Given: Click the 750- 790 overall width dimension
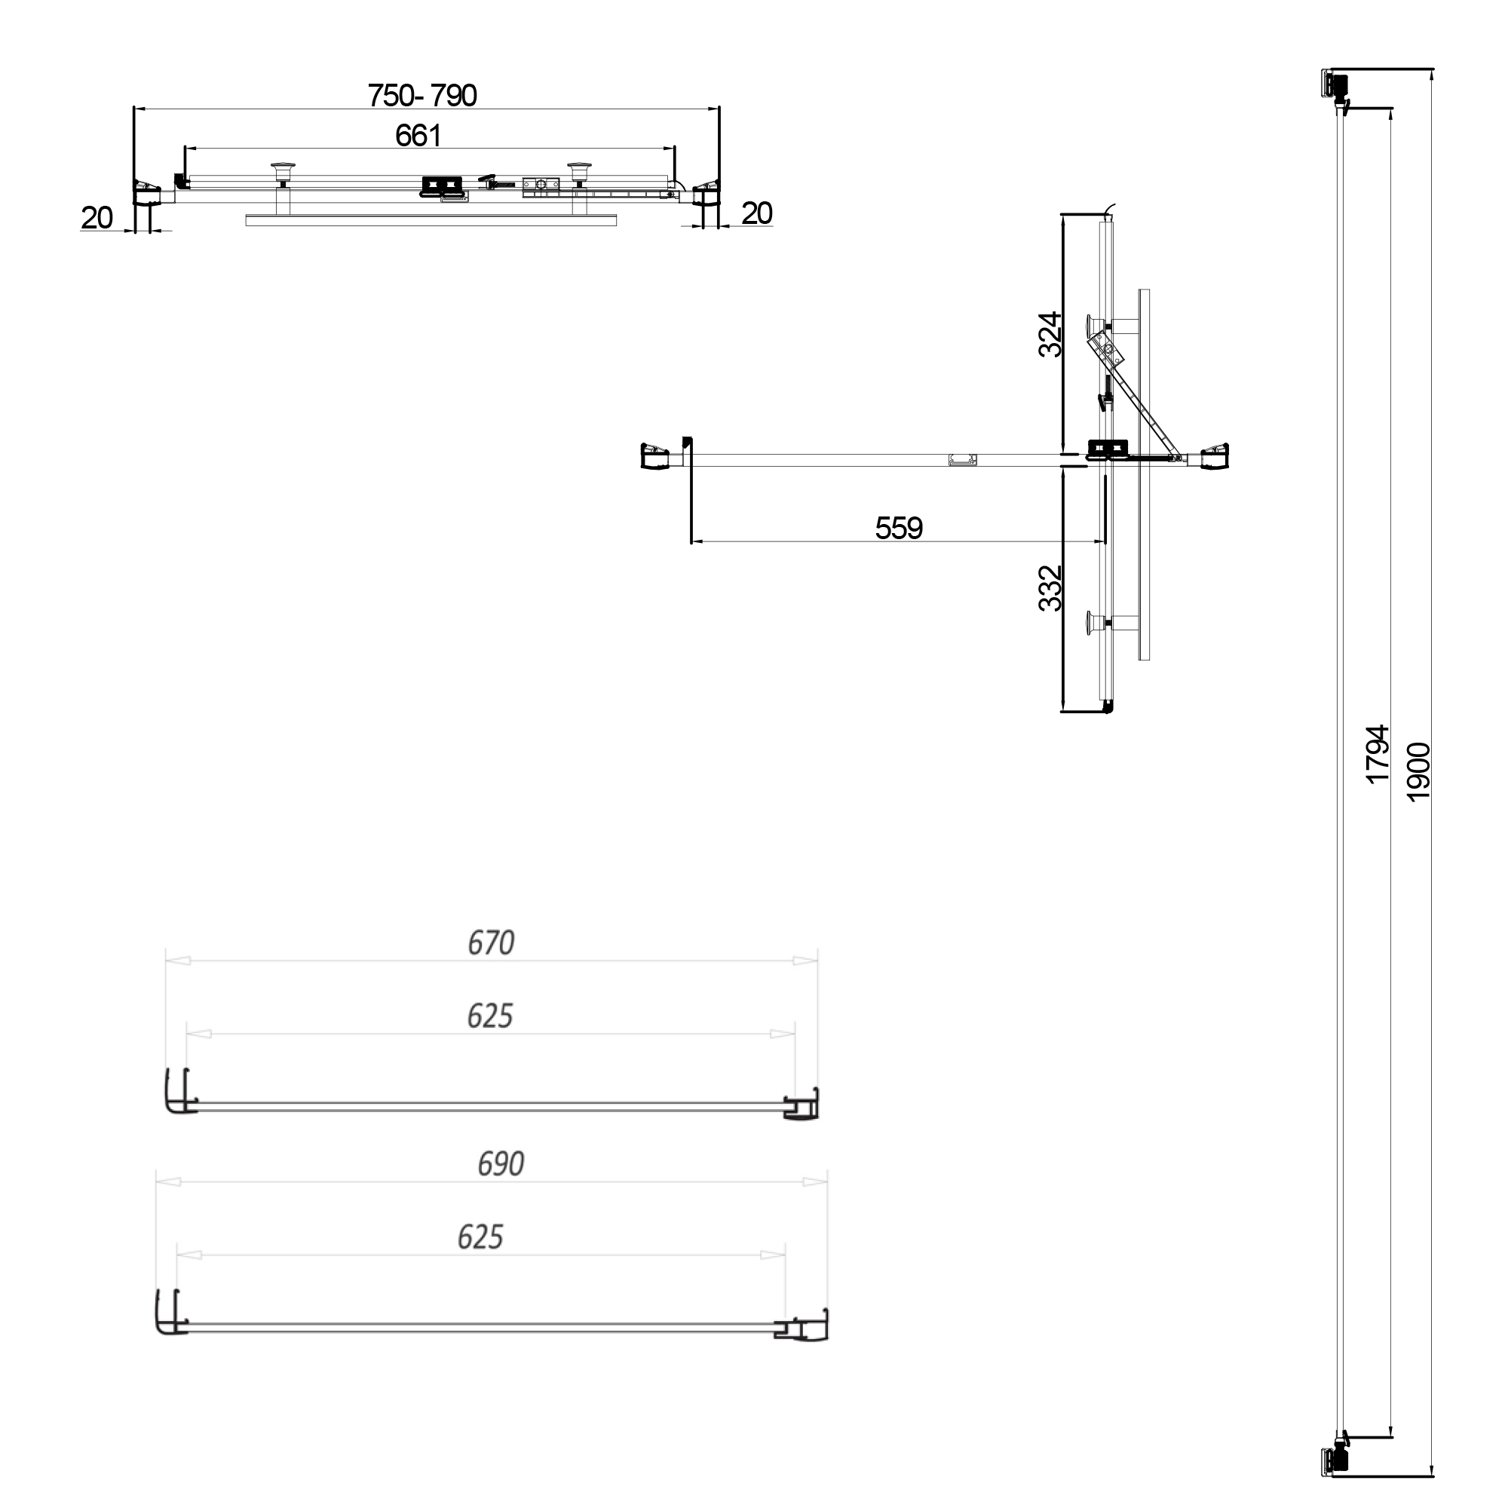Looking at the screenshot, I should click(x=422, y=95).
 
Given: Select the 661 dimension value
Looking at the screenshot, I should click(x=418, y=136).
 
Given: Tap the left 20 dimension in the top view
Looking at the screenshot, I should click(x=97, y=218).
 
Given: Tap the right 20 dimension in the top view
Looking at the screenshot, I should click(x=756, y=213).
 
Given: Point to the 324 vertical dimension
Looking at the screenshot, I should click(x=1050, y=334).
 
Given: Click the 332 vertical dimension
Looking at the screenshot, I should click(x=1050, y=588).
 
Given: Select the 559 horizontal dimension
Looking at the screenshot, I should click(x=899, y=529).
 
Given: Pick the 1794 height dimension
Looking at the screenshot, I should click(x=1378, y=753).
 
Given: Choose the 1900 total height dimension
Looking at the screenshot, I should click(x=1418, y=771).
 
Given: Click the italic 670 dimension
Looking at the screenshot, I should click(x=491, y=943).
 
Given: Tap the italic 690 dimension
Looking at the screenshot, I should click(x=501, y=1163).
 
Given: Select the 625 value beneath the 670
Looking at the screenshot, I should click(x=490, y=1016).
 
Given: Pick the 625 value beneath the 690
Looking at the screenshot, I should click(x=480, y=1237).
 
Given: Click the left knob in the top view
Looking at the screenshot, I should click(x=283, y=170).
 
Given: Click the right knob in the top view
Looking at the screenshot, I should click(x=579, y=170).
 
